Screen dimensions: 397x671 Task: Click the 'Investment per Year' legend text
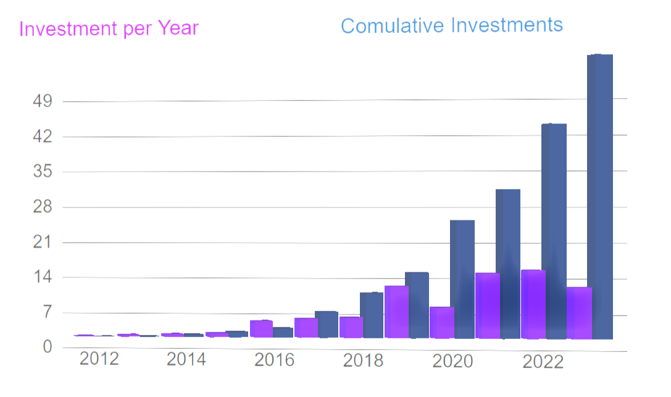pyautogui.click(x=109, y=28)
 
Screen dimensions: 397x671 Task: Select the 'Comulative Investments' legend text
pyautogui.click(x=451, y=25)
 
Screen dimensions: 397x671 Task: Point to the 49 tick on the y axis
pyautogui.click(x=41, y=101)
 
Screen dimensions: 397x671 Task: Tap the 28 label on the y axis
pyautogui.click(x=41, y=207)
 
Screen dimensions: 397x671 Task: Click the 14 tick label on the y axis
pyautogui.click(x=41, y=278)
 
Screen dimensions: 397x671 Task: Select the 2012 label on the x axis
pyautogui.click(x=99, y=359)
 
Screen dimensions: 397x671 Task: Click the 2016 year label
pyautogui.click(x=275, y=360)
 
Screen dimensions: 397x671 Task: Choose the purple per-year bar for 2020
pyautogui.click(x=442, y=322)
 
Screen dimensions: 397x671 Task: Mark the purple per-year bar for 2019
pyautogui.click(x=396, y=312)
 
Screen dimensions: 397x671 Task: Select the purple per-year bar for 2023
pyautogui.click(x=579, y=312)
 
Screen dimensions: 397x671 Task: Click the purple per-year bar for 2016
pyautogui.click(x=261, y=328)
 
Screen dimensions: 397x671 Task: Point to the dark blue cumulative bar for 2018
pyautogui.click(x=372, y=315)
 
